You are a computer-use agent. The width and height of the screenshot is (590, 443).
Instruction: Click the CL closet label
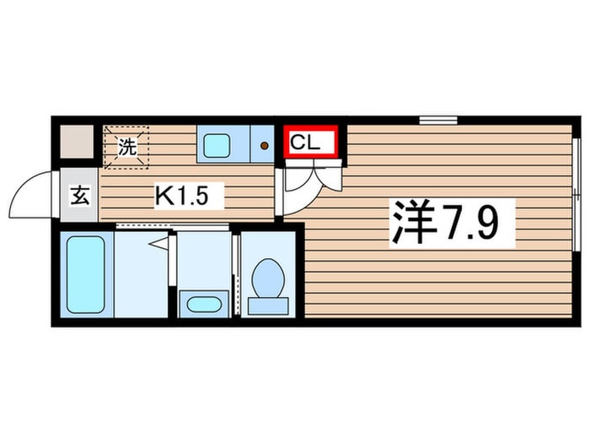(305, 143)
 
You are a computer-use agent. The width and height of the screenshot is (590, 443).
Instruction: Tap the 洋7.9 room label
(446, 224)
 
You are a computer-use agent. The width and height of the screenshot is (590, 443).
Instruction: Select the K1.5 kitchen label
(182, 195)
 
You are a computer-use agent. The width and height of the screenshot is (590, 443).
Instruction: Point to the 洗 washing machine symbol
(126, 147)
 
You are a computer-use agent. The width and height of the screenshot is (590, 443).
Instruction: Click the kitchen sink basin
(217, 145)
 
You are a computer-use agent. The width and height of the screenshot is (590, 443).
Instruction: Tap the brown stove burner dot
(265, 145)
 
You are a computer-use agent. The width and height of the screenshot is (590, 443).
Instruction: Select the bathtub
(86, 274)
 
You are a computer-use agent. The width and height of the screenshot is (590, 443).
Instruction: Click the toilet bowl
(268, 278)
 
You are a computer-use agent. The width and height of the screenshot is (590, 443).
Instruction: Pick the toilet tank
(268, 305)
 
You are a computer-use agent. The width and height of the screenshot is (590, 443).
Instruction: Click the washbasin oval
(204, 305)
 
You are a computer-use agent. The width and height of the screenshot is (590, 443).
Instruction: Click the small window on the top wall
(438, 120)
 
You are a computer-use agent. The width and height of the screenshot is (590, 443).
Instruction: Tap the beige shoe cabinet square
(77, 142)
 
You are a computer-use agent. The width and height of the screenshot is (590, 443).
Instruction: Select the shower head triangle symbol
(158, 243)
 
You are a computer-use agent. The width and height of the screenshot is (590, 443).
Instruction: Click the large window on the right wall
(576, 194)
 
